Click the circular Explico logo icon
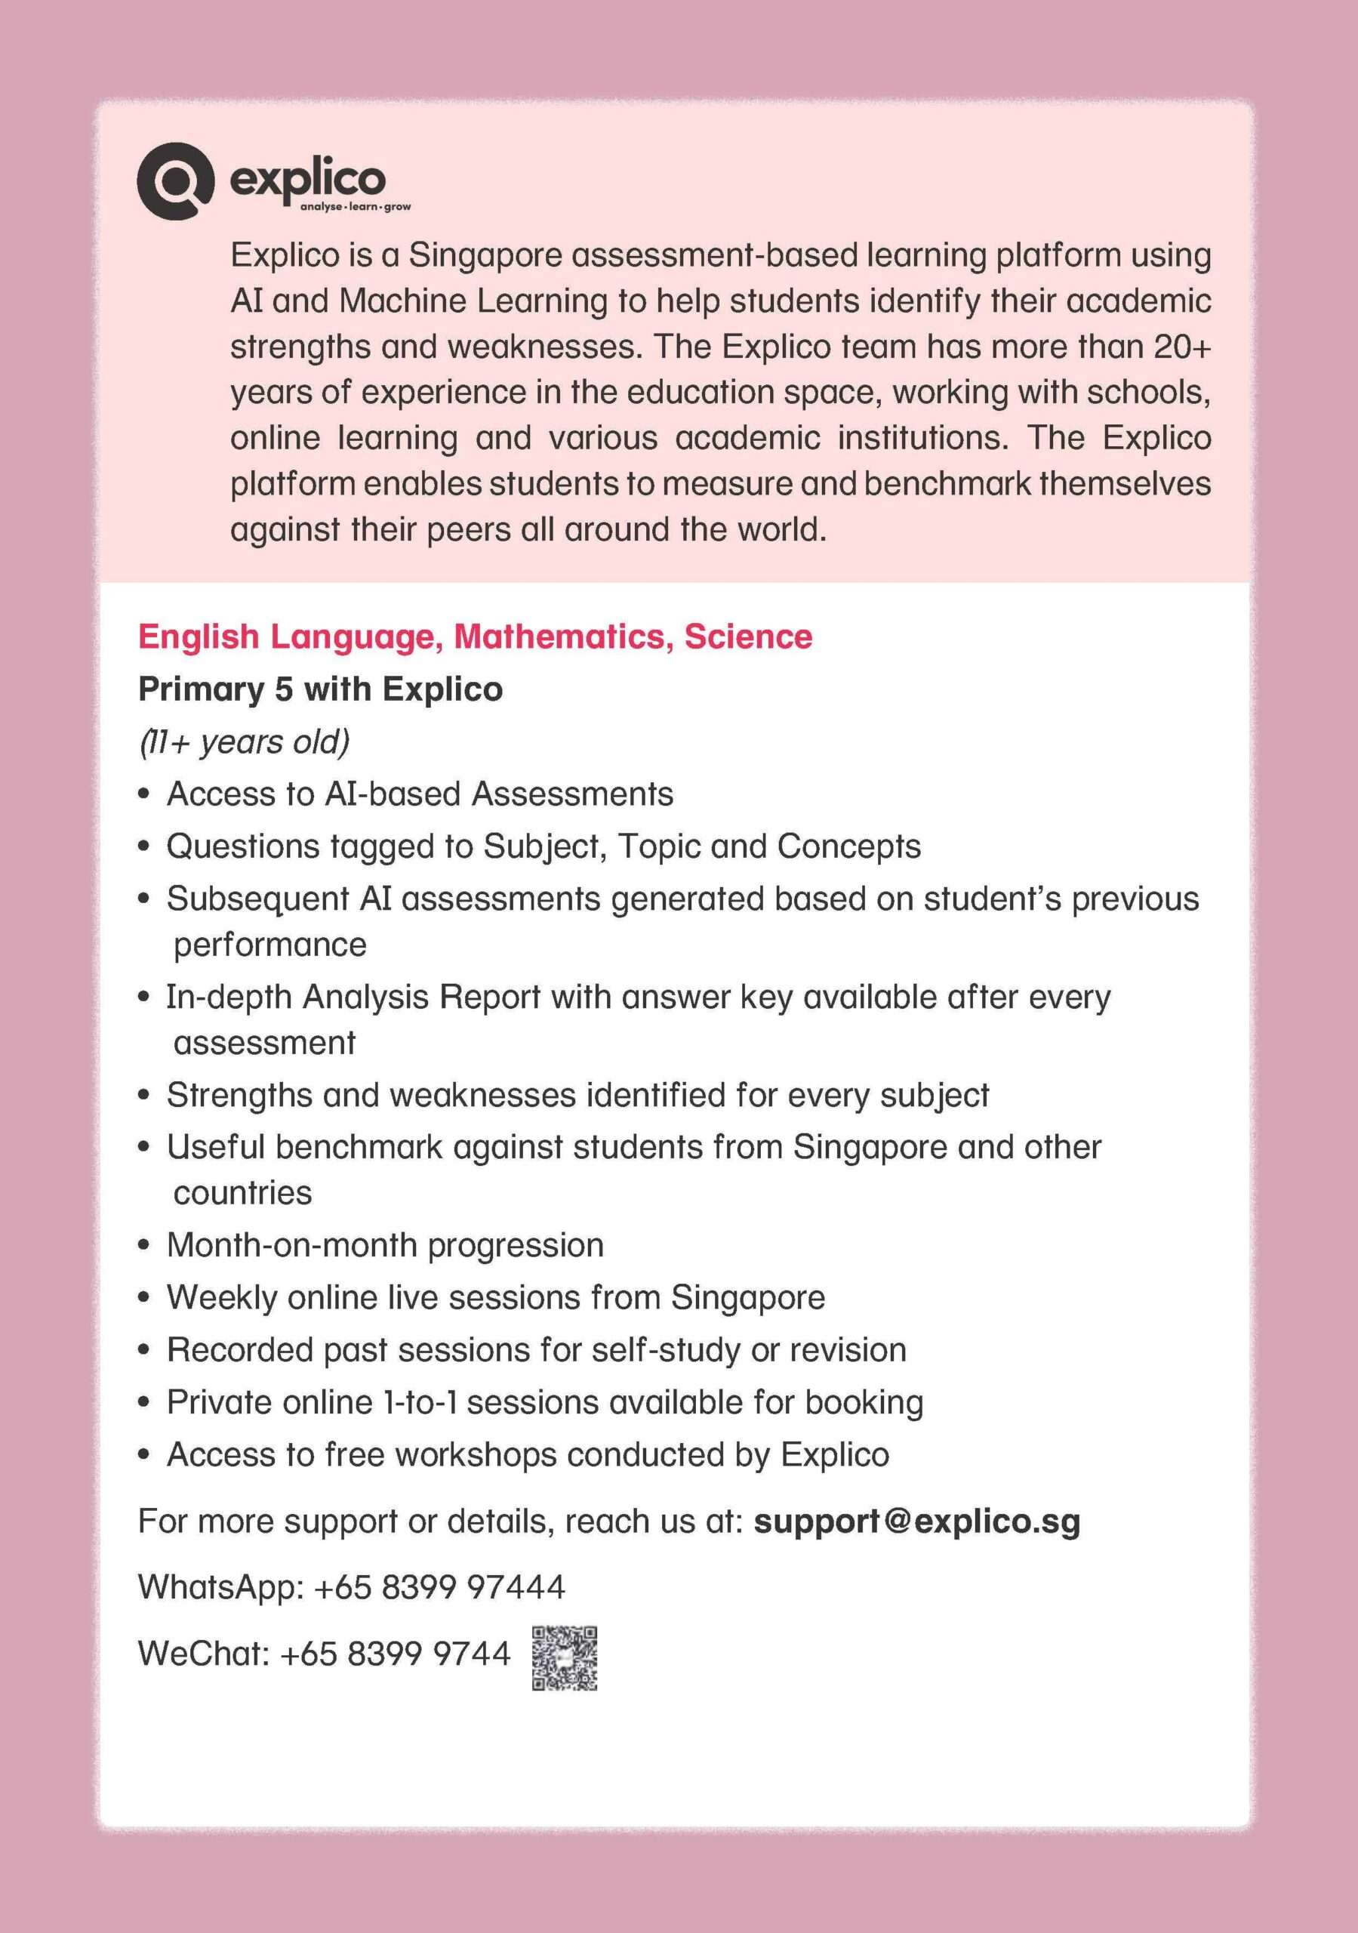pos(174,181)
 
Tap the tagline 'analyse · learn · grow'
pos(356,206)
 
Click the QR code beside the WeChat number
pos(564,1657)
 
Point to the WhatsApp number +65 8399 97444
pos(439,1587)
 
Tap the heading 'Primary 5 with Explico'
pos(320,689)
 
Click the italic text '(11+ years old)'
pos(244,741)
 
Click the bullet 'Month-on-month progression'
pos(385,1244)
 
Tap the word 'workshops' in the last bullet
pos(477,1455)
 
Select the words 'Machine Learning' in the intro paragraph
pos(473,301)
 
